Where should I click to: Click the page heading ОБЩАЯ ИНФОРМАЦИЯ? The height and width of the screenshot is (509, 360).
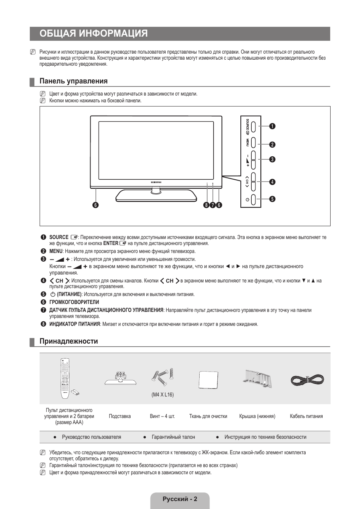94,34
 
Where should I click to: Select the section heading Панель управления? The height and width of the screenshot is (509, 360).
74,81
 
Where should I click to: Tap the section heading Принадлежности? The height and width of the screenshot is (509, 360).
69,341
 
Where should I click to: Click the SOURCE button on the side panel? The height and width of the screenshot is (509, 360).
253,126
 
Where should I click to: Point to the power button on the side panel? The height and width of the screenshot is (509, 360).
253,200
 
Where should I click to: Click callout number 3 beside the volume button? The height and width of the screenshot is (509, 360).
272,159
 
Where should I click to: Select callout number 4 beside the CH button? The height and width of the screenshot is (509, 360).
272,182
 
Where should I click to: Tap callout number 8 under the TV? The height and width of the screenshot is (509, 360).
206,205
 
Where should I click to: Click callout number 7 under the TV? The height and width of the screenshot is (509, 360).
212,205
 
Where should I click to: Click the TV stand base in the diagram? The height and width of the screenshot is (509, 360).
156,196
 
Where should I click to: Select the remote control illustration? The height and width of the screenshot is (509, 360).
65,378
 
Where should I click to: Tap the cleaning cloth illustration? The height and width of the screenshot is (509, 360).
208,380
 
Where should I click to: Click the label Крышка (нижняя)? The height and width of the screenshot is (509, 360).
257,416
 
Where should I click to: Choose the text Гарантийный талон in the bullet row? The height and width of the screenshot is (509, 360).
173,437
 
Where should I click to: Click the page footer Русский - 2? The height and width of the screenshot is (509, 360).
180,499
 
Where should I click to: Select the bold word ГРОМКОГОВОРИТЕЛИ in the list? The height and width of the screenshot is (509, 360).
74,302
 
